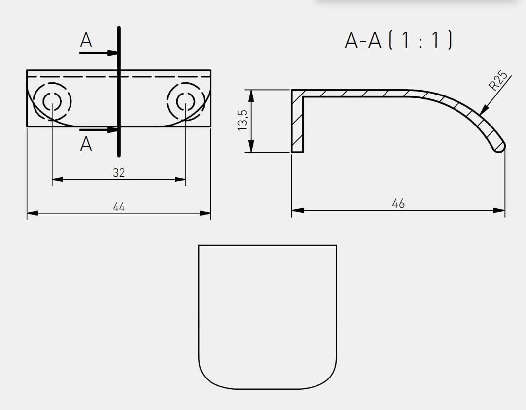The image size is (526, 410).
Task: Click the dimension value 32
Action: pos(119,172)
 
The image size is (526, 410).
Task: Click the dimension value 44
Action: pos(119,207)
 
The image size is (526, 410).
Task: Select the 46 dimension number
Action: pos(398,203)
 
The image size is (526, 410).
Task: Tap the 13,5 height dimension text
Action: pos(243,120)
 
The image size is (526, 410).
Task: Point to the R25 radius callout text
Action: pos(498,80)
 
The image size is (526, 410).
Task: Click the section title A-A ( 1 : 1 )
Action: pos(398,40)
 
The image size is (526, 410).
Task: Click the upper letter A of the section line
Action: pos(86,40)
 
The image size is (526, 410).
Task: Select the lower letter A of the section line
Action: pos(86,144)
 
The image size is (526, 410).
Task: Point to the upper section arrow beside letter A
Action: pos(98,53)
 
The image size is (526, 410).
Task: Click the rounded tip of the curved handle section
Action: pos(499,147)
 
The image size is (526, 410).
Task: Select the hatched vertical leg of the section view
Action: pos(297,121)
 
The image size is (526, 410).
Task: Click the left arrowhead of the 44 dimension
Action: pos(32,213)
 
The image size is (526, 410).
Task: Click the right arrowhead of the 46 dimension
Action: pos(499,210)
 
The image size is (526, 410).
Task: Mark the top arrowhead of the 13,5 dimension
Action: pos(251,95)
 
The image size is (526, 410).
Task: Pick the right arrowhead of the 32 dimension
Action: pos(180,179)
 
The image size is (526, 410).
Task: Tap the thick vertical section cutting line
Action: pos(119,91)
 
